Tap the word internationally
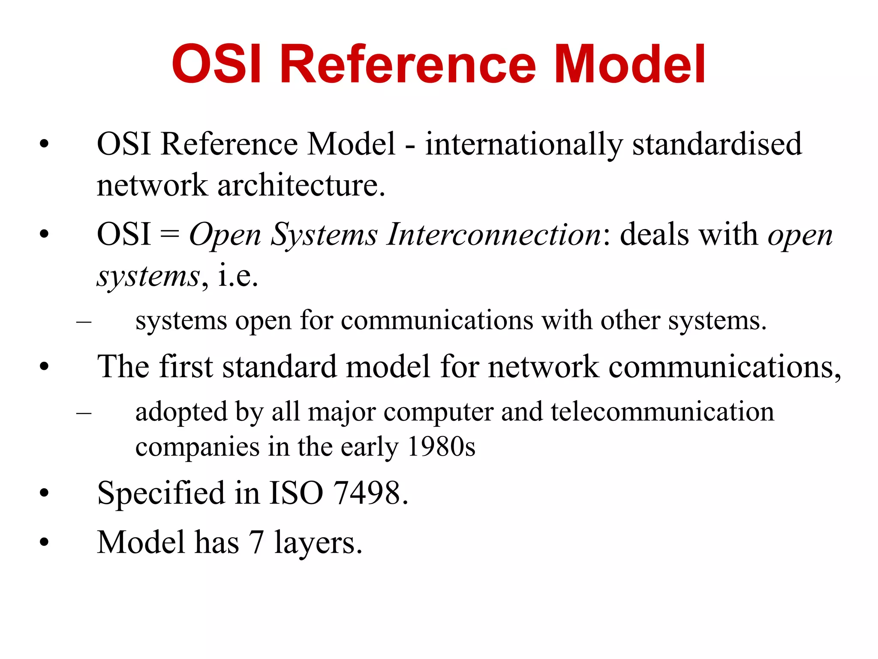point(523,144)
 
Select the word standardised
point(717,144)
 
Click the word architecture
point(301,185)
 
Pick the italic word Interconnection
point(494,235)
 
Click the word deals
point(655,235)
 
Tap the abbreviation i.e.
point(238,275)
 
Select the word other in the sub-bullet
point(630,321)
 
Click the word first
point(186,367)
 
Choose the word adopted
point(180,412)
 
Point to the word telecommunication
point(662,412)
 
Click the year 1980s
point(441,447)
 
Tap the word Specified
point(161,493)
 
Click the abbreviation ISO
point(296,493)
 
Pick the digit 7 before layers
point(256,543)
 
